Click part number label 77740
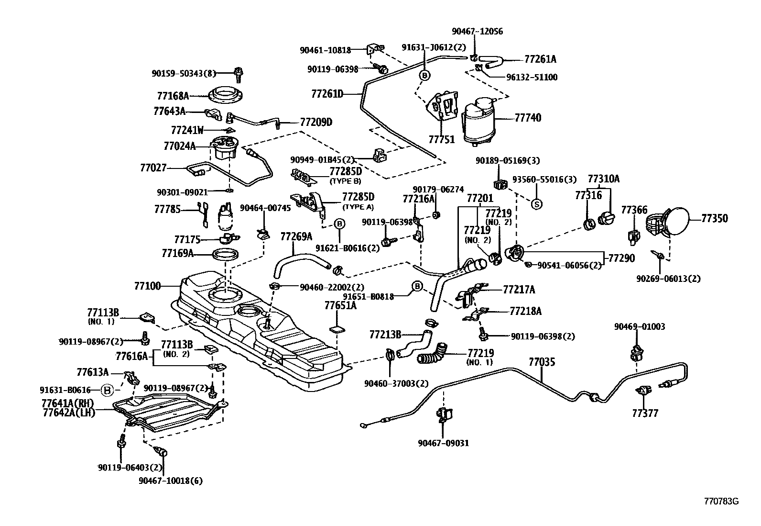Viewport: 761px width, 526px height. [528, 117]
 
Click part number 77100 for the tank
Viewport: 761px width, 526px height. [147, 286]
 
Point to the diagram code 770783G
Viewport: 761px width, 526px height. [721, 502]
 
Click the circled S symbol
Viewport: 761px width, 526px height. [536, 203]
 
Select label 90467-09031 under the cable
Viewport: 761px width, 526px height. [444, 443]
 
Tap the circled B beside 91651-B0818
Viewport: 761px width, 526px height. [417, 286]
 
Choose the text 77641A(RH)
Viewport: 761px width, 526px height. [67, 403]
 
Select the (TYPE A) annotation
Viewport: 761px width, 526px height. [358, 207]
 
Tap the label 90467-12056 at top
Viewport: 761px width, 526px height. [477, 32]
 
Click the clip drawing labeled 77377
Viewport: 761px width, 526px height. [643, 391]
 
